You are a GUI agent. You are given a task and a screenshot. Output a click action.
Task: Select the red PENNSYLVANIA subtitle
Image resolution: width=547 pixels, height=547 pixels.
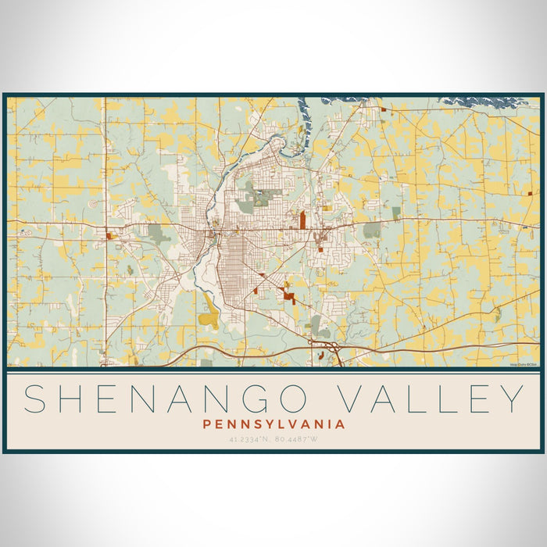click(273, 424)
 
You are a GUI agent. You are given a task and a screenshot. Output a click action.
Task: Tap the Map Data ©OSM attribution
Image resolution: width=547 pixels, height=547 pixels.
click(524, 364)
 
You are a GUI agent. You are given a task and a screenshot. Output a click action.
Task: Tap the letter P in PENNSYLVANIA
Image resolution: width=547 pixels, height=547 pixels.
click(206, 424)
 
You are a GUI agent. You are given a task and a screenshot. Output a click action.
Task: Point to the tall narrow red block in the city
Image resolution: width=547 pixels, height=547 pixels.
click(302, 219)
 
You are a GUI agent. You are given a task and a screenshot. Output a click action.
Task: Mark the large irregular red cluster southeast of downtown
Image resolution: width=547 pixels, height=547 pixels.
click(288, 295)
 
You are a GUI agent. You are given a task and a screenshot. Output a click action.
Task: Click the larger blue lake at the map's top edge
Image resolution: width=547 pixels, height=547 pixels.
click(476, 102)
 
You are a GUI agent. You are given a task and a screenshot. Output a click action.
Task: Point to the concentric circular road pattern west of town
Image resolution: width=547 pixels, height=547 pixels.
click(94, 203)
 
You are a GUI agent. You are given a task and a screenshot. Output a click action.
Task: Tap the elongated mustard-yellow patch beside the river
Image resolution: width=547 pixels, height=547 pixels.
click(209, 314)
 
